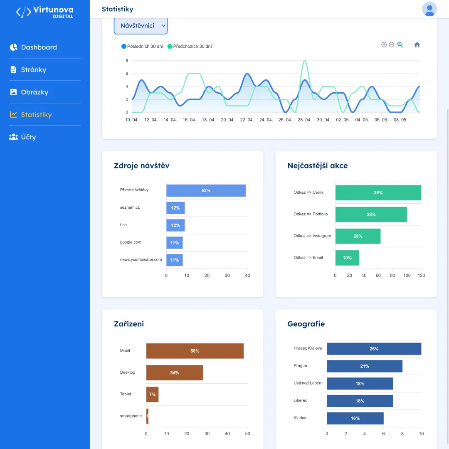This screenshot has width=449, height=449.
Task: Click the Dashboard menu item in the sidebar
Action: coord(33,47)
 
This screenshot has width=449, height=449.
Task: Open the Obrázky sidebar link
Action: coord(29,92)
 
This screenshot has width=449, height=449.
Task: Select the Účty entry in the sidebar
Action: coord(22,137)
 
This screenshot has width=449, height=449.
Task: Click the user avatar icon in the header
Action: coord(429,9)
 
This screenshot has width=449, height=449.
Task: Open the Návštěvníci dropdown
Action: coord(141,26)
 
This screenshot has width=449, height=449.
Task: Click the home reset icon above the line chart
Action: coord(417,44)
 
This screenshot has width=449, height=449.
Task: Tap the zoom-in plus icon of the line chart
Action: coord(384,44)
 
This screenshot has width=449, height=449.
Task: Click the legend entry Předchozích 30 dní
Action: coord(190,47)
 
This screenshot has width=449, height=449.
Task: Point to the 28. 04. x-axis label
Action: coord(304,120)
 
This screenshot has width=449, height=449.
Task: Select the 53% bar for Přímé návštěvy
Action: coord(206,191)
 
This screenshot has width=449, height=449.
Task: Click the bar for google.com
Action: coord(174,243)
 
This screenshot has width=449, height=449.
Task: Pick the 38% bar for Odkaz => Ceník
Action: coord(378,193)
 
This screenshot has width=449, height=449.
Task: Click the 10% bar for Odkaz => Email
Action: coord(347,258)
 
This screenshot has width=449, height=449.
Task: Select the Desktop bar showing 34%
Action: coord(175,373)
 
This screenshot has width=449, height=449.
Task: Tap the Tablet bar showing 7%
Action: coord(152,395)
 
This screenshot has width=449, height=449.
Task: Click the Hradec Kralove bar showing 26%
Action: coord(374,349)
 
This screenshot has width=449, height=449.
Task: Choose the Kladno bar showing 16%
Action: coord(355,418)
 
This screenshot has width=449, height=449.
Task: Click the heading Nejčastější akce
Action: coord(318,165)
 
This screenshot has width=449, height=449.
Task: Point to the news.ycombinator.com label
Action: coord(141,259)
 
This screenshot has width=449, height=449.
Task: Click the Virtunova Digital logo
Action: coord(44,12)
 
